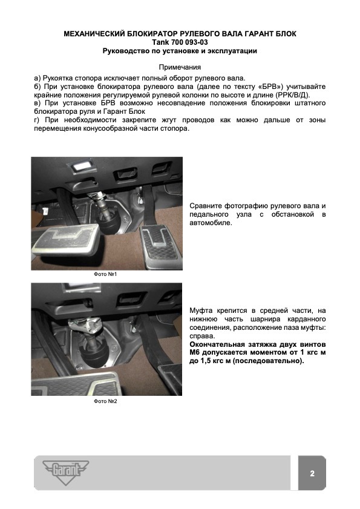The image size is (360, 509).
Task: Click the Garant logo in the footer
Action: tap(65, 472)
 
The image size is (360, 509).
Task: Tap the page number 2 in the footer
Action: tap(312, 473)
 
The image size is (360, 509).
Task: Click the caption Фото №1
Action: tap(105, 274)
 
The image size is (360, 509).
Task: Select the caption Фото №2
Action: tap(105, 401)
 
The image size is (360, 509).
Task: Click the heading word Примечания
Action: tap(180, 67)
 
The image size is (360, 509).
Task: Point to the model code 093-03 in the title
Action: tap(196, 42)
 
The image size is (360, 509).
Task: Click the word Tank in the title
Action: tap(161, 42)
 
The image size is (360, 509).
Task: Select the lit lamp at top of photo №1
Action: tap(80, 167)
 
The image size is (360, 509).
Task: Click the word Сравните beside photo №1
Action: tap(206, 206)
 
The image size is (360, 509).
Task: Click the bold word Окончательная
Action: tap(217, 344)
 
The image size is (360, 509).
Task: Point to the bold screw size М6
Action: tap(194, 352)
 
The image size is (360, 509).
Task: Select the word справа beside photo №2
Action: tap(202, 337)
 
